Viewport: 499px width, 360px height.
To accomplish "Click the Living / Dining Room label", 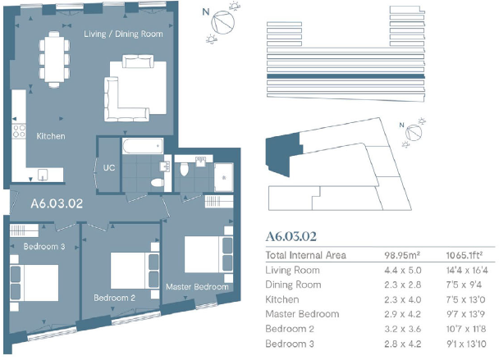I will click(x=123, y=34).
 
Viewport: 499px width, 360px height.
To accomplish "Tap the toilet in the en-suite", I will click(x=185, y=169).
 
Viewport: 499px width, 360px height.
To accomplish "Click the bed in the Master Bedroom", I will click(x=204, y=252).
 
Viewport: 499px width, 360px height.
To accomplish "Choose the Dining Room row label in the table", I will click(x=293, y=285).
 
